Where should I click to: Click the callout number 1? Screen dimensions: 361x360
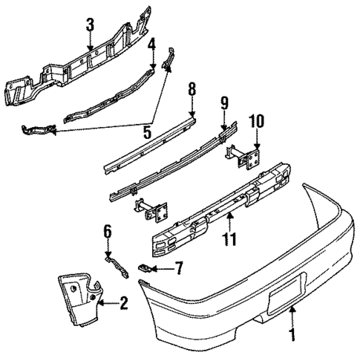pyautogui.click(x=292, y=336)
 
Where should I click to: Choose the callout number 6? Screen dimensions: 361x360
pyautogui.click(x=107, y=232)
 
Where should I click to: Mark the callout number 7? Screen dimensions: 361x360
pyautogui.click(x=179, y=267)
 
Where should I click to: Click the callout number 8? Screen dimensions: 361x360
pyautogui.click(x=192, y=91)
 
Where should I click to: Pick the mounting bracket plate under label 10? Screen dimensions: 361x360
pyautogui.click(x=252, y=157)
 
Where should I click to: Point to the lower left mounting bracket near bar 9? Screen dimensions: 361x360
pyautogui.click(x=152, y=210)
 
